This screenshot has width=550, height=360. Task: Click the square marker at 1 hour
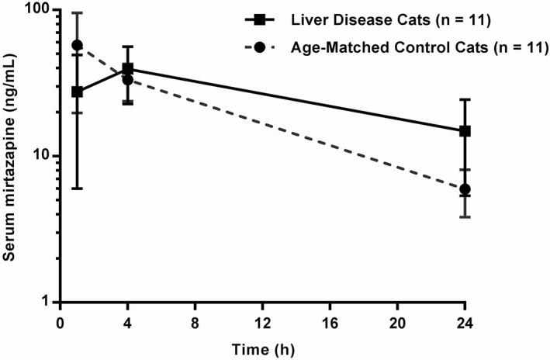click(x=77, y=92)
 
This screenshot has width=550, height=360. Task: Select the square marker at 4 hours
click(x=127, y=69)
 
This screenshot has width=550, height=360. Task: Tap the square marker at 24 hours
click(x=465, y=131)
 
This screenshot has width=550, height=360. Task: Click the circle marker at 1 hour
click(x=77, y=45)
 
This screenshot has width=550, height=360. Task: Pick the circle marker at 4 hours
click(x=127, y=80)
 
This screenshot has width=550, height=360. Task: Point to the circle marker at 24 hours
click(x=465, y=189)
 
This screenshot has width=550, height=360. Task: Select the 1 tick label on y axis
click(x=47, y=302)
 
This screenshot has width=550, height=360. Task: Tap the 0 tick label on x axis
click(x=60, y=321)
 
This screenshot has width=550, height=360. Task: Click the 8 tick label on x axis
click(x=195, y=321)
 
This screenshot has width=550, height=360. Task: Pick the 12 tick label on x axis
click(x=262, y=321)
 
